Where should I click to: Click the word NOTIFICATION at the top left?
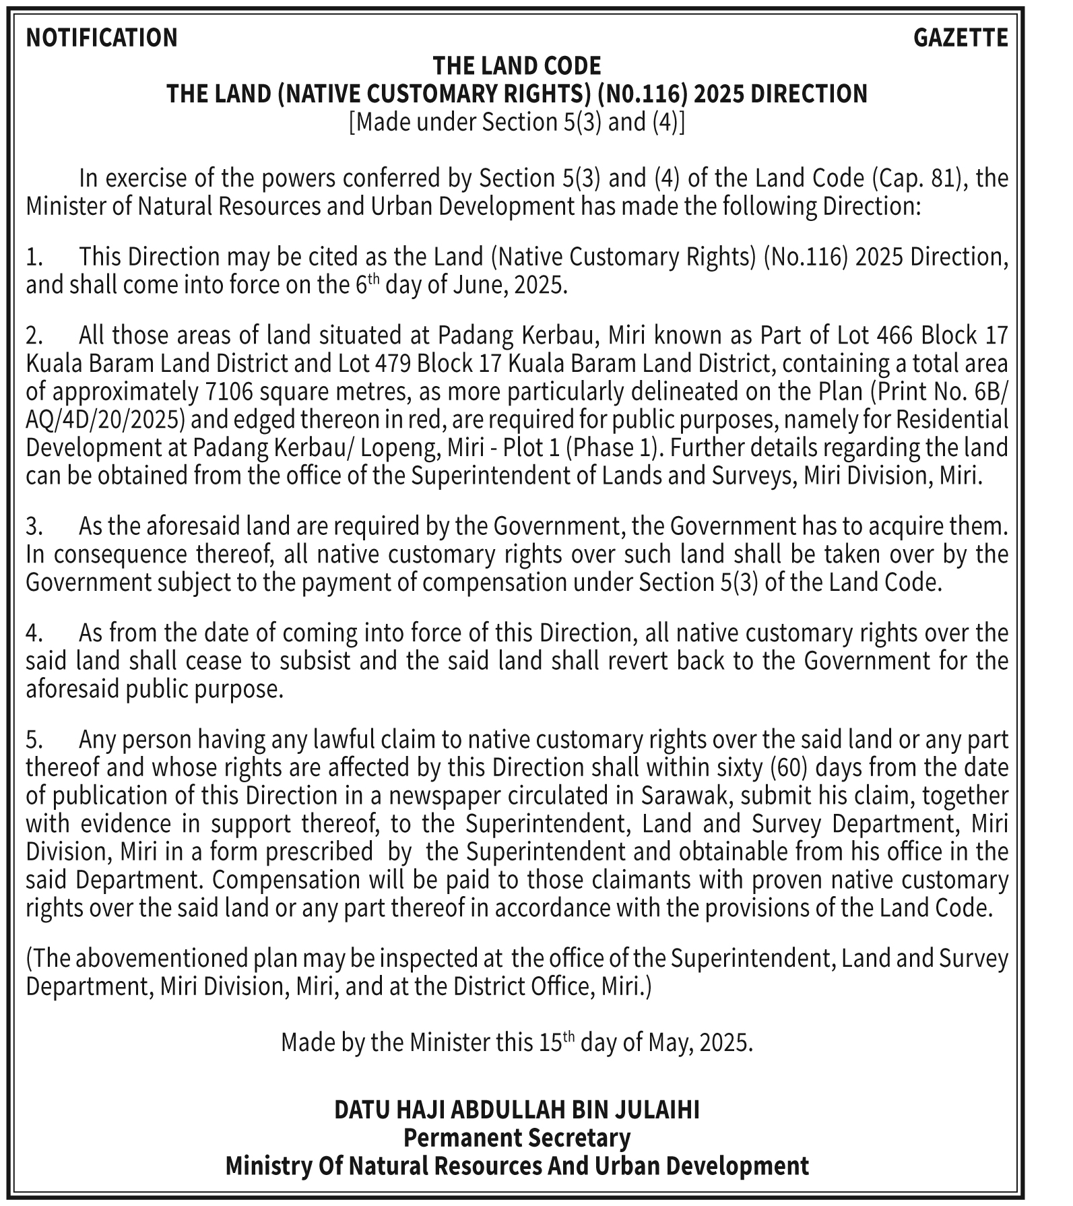pyautogui.click(x=102, y=38)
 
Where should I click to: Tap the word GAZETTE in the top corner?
pyautogui.click(x=961, y=38)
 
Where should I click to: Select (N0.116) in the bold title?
pyautogui.click(x=643, y=94)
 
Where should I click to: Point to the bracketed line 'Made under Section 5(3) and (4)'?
pyautogui.click(x=517, y=122)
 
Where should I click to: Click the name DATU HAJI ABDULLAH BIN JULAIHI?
pyautogui.click(x=517, y=1110)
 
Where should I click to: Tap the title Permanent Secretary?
pyautogui.click(x=517, y=1138)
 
